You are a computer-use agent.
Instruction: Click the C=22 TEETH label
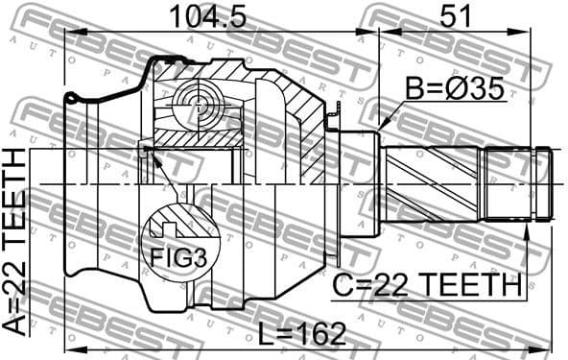(427, 284)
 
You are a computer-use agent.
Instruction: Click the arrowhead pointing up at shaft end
(525, 225)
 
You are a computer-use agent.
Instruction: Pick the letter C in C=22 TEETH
(343, 284)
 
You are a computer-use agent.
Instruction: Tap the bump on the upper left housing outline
(72, 97)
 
